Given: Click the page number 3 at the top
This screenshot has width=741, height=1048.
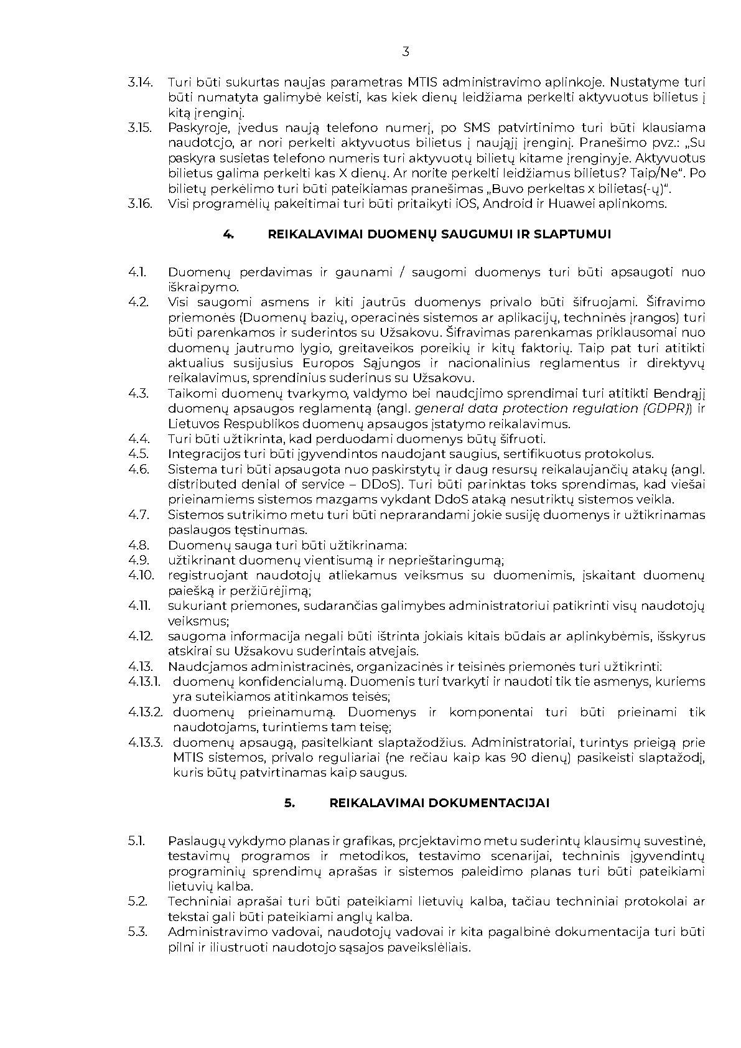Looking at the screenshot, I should coord(406,52).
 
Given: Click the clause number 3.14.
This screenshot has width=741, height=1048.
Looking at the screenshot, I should coord(140,82).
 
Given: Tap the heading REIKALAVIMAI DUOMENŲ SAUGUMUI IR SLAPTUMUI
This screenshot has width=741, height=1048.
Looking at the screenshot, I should coord(439,234).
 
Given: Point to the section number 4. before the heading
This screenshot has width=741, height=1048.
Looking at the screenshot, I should coord(228,234).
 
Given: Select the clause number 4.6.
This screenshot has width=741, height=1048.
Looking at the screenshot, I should coord(138,469).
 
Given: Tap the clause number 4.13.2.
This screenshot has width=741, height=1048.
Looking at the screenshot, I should coord(146,712).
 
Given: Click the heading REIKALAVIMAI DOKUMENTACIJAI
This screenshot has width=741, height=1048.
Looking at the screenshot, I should coord(439,803).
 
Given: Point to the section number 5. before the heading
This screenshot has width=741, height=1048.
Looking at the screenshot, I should coord(290,803).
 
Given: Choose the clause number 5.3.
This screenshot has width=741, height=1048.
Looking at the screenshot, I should coord(137,932).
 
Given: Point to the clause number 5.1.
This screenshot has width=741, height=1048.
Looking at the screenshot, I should coord(136,841).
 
